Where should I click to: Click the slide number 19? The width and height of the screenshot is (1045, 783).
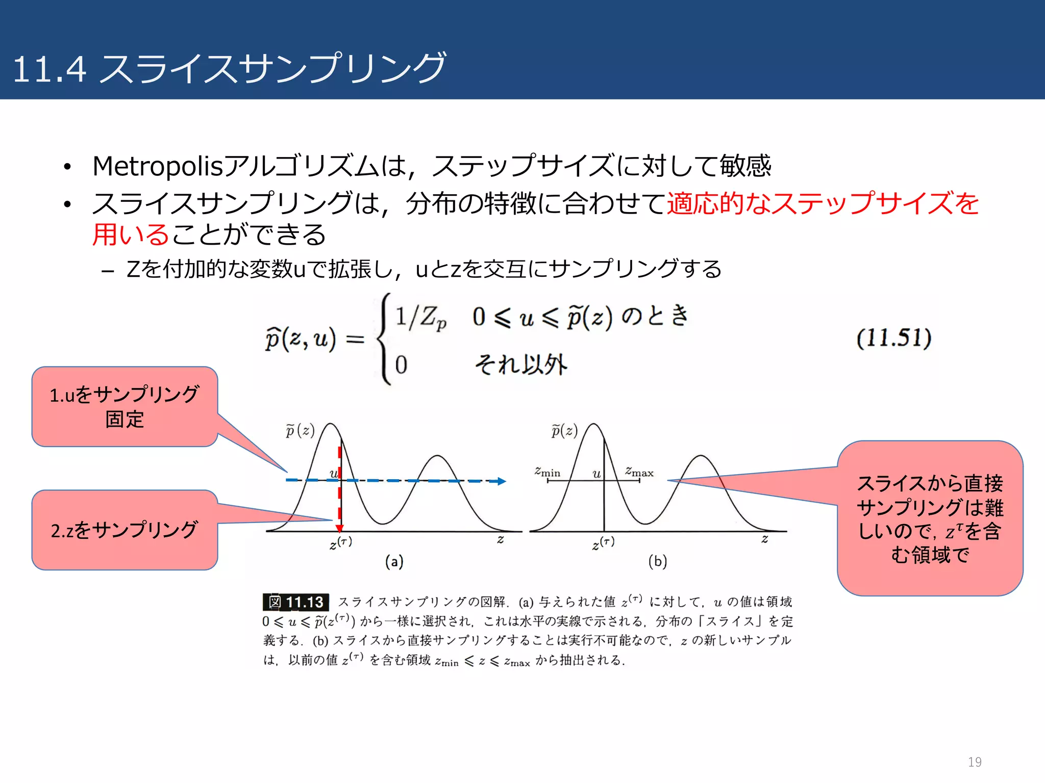point(974,762)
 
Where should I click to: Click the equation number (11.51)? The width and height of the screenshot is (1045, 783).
point(893,338)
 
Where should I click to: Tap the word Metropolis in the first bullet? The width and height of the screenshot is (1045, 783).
point(158,166)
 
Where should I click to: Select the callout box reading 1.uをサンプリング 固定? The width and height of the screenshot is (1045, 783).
point(125,407)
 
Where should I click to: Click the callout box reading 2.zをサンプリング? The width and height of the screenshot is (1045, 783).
point(125,530)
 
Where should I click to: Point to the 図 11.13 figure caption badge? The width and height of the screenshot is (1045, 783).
point(295,602)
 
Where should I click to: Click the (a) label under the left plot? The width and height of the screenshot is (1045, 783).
point(394,561)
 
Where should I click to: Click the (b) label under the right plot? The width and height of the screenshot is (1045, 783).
point(657,561)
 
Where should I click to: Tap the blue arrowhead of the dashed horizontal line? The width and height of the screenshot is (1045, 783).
point(501,481)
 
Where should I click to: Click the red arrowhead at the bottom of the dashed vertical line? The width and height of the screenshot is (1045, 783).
point(339,529)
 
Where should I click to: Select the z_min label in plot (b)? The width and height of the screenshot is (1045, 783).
point(547,472)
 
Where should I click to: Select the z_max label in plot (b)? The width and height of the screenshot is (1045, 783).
point(639,472)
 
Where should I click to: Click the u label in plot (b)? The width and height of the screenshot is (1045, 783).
point(596,474)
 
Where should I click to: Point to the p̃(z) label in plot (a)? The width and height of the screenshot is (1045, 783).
point(300,431)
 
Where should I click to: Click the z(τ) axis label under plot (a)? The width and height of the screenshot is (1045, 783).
point(340,543)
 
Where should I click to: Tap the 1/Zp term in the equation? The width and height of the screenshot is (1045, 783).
point(420,318)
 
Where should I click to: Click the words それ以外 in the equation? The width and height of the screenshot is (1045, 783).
point(520,364)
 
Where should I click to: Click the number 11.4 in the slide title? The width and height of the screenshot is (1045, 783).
point(49,69)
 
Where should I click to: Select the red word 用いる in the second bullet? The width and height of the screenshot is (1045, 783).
point(130,235)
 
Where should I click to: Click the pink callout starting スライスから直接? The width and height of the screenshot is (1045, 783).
point(930,518)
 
